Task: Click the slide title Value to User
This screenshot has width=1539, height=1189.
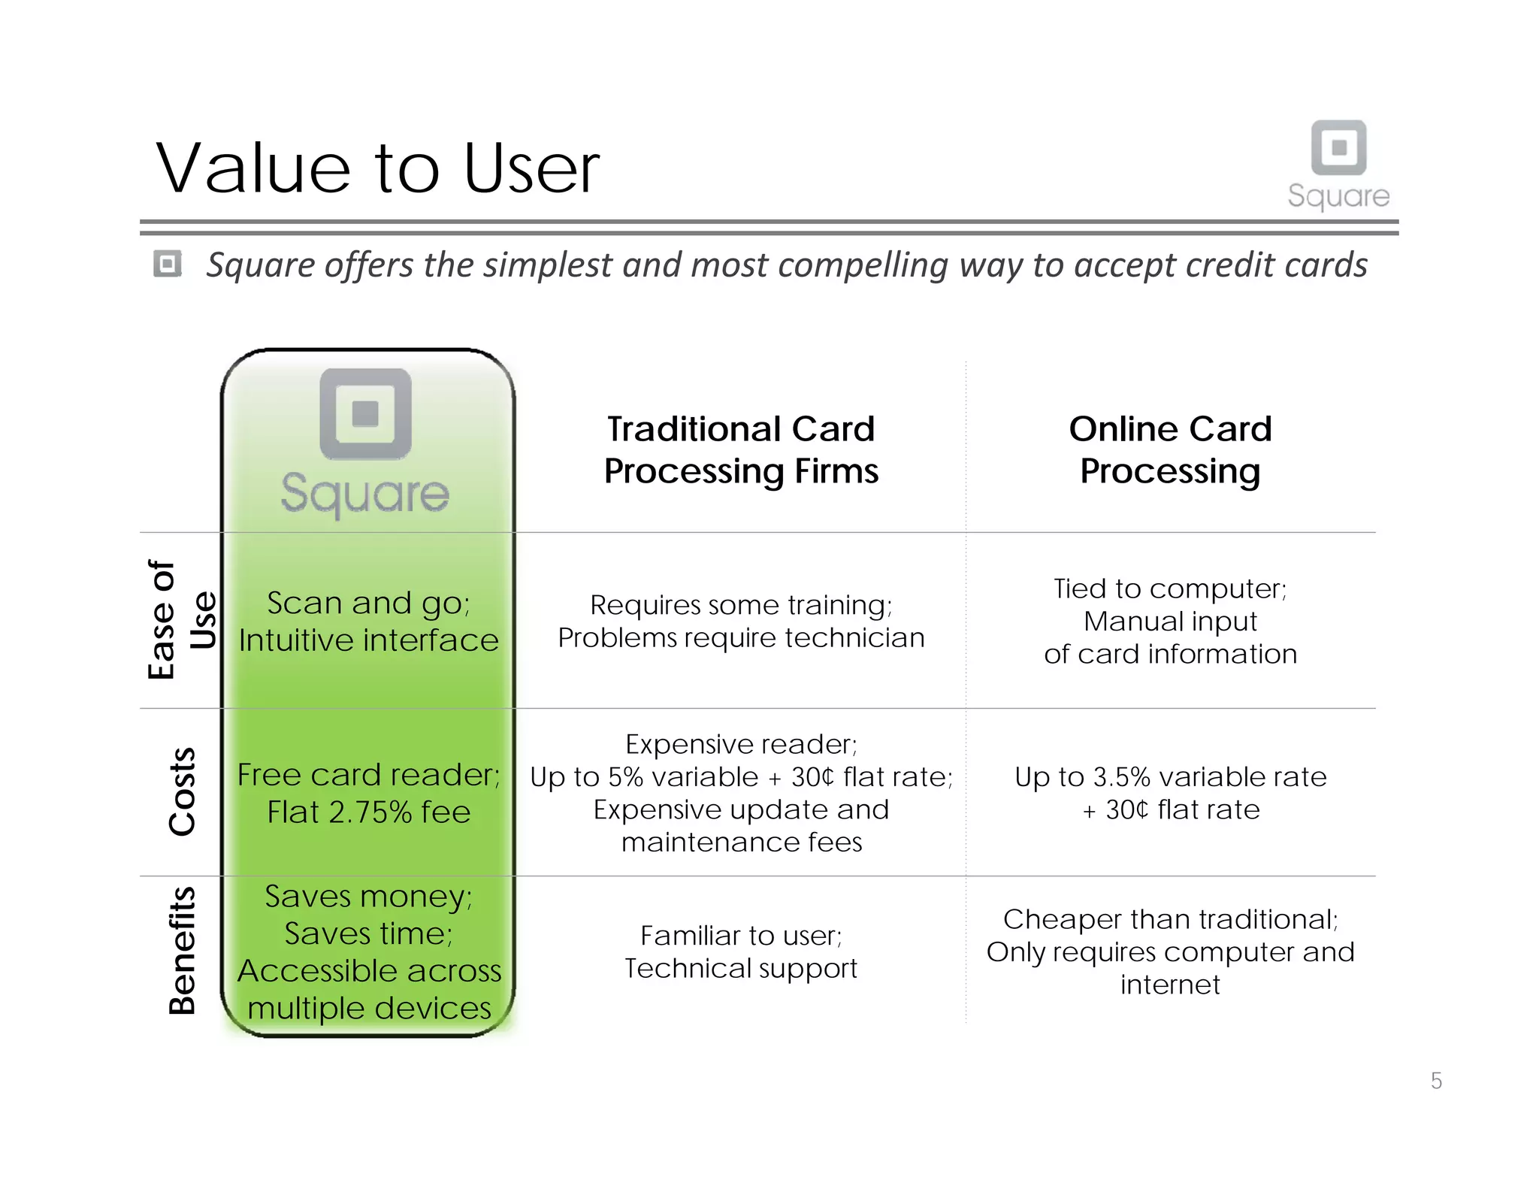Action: pos(377,168)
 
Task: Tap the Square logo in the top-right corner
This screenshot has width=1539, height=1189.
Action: pos(1338,163)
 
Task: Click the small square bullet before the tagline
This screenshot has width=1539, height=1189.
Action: pos(167,264)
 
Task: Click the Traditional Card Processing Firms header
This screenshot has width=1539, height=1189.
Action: pos(741,449)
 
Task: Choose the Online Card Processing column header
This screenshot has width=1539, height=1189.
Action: pos(1170,449)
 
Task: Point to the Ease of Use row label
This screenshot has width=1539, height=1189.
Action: pos(180,620)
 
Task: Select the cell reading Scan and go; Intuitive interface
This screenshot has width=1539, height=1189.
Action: pos(368,622)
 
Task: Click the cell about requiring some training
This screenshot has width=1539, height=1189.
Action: pos(741,621)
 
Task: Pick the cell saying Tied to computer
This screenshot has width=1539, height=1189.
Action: pos(1170,621)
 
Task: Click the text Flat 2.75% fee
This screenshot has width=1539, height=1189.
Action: pos(368,812)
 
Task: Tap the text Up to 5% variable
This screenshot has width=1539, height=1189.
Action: pos(643,777)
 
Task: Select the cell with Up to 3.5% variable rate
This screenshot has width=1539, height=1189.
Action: pos(1170,793)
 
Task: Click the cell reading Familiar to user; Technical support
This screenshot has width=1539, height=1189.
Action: pos(741,952)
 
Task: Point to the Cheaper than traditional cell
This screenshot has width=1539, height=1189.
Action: pos(1170,952)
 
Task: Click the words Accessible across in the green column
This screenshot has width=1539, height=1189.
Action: pos(369,971)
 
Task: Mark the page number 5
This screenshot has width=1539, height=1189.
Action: pos(1436,1081)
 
